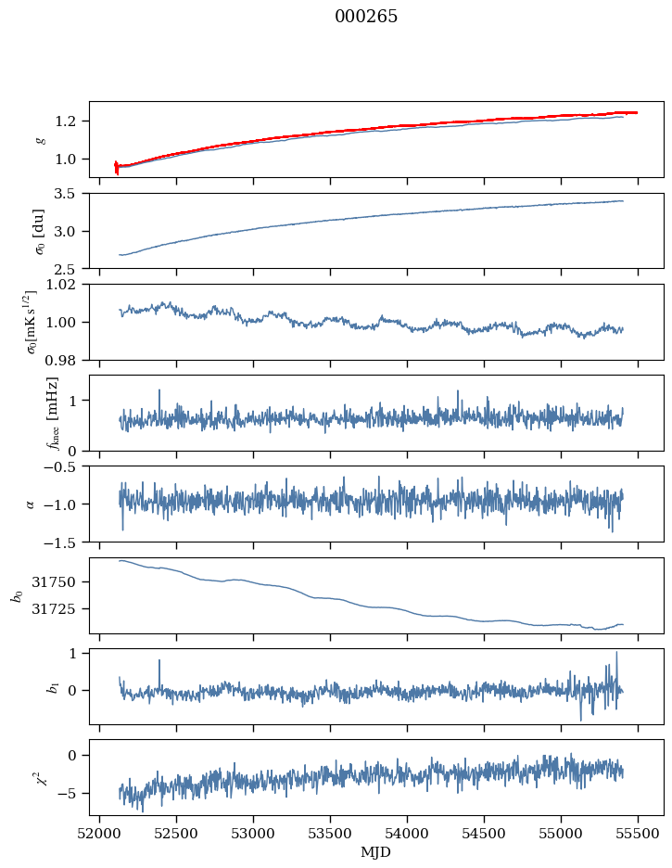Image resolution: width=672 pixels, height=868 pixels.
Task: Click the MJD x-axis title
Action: (376, 852)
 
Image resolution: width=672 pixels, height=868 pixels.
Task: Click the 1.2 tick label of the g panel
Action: (71, 121)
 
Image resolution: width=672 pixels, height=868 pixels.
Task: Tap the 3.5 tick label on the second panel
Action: (71, 194)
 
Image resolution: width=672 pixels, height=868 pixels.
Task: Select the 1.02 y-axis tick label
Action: (68, 285)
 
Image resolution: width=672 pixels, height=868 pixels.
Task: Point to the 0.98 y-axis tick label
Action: (68, 360)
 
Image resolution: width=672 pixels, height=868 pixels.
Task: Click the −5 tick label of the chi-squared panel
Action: (72, 794)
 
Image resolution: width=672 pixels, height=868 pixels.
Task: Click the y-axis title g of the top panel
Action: (39, 139)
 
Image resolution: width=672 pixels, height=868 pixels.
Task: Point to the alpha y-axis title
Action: (30, 504)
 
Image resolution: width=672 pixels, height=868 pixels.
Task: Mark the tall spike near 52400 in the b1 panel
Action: (159, 661)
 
